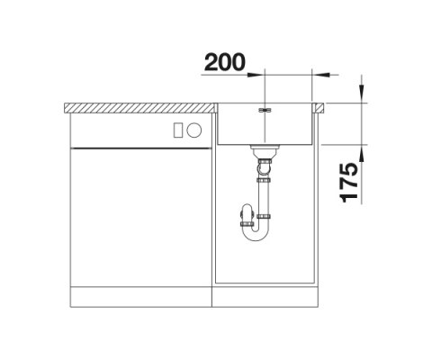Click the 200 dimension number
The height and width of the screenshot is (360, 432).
point(225,62)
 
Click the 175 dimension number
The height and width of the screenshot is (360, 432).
point(350,181)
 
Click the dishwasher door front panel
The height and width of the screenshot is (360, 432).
point(139,216)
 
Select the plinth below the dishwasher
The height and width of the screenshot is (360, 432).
point(139,298)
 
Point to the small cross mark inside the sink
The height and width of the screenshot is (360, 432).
point(264,111)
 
